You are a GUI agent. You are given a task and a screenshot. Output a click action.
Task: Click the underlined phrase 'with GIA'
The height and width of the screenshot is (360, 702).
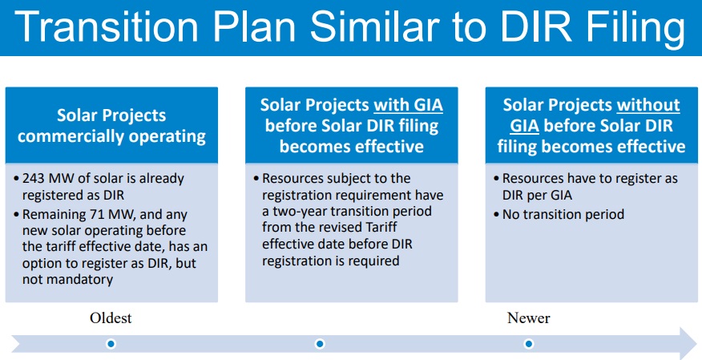coord(409,105)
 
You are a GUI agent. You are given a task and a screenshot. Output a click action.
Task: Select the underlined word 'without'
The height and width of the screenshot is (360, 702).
coord(648,105)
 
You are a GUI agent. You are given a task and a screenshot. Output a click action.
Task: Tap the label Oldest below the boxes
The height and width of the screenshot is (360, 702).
coord(111,318)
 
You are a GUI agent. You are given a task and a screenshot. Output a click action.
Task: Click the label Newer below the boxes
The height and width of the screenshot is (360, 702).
coord(528,318)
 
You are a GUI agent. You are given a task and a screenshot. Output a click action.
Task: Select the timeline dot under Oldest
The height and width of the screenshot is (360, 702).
coord(111,343)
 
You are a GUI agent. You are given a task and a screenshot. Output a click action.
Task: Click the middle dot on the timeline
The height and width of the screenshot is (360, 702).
coord(319,343)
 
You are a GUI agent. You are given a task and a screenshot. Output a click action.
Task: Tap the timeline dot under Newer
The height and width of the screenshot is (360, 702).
coord(529,343)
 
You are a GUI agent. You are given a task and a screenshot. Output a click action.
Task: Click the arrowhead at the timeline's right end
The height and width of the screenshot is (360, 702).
coord(689,343)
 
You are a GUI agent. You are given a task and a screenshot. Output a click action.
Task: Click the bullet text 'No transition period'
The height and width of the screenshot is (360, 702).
coord(563,215)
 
